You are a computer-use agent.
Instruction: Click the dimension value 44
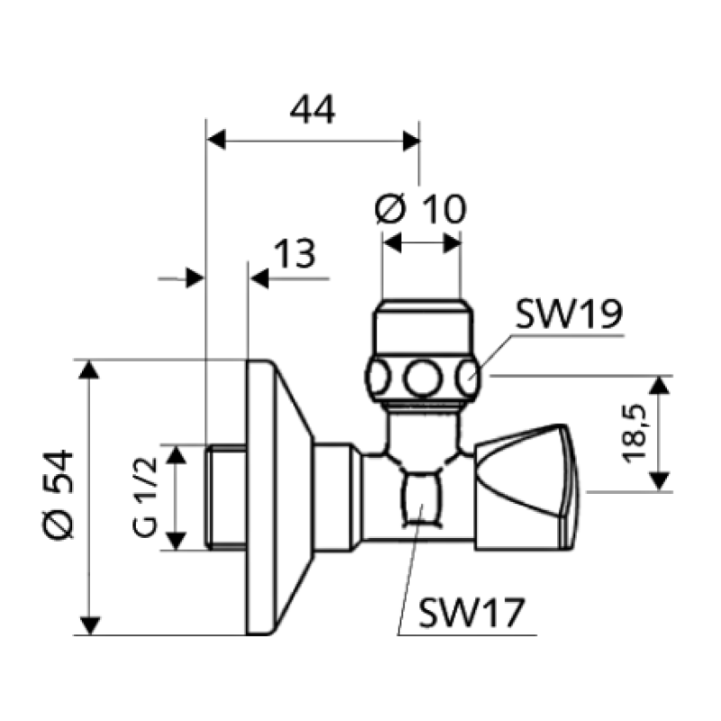312,110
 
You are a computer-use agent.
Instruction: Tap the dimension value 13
295,253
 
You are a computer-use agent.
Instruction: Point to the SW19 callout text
570,314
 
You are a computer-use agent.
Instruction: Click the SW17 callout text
471,613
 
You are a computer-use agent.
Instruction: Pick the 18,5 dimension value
634,434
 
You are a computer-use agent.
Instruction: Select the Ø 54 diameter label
59,494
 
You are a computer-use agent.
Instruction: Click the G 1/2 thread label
145,497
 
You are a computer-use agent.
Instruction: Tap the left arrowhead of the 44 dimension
216,140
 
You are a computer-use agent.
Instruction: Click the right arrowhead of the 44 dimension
411,141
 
